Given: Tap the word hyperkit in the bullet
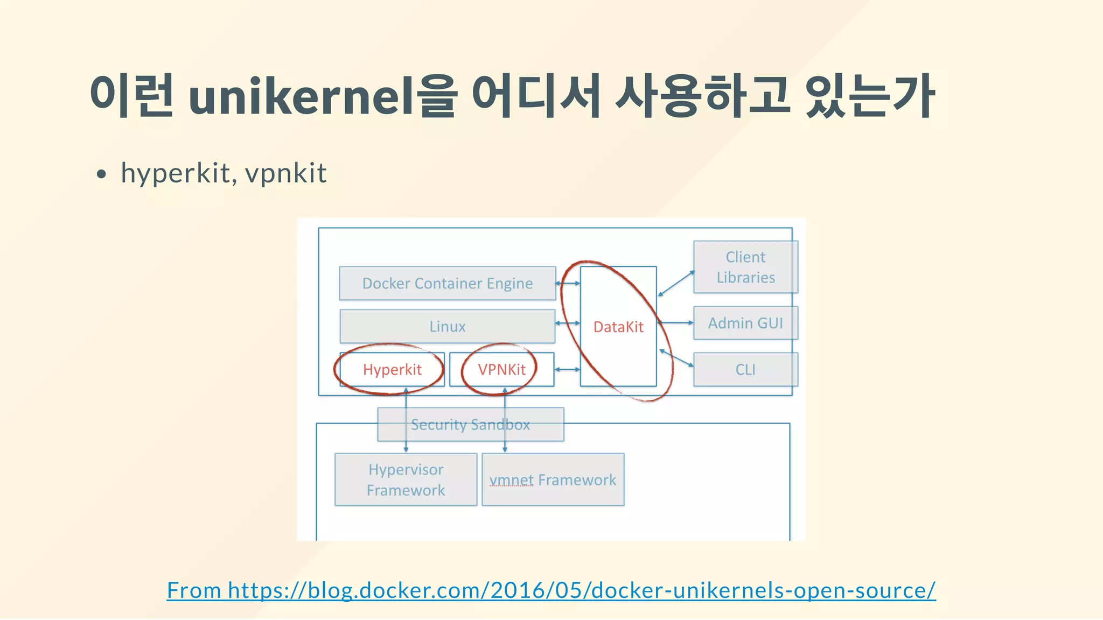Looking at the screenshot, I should (176, 173).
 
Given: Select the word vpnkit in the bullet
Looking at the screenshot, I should (285, 173).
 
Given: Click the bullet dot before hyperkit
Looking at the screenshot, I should (101, 174).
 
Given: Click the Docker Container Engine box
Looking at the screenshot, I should (447, 283).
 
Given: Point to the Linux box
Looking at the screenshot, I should (447, 326).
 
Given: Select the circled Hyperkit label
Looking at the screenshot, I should (392, 370).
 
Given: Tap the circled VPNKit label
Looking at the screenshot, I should (501, 370).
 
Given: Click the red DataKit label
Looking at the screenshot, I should (618, 327).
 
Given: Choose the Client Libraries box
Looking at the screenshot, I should (745, 267).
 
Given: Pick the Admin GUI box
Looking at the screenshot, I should (745, 323).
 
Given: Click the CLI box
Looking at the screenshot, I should (745, 370).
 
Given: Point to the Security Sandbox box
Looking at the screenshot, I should (470, 425).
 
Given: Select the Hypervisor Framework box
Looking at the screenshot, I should (406, 480).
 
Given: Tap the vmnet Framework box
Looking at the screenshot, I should (553, 480).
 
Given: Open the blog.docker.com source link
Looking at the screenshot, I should (551, 590).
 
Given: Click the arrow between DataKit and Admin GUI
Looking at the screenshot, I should (675, 323).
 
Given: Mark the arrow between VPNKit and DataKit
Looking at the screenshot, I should (567, 370).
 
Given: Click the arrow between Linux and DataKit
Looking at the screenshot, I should (568, 323).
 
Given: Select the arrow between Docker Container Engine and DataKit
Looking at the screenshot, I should (568, 283).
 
